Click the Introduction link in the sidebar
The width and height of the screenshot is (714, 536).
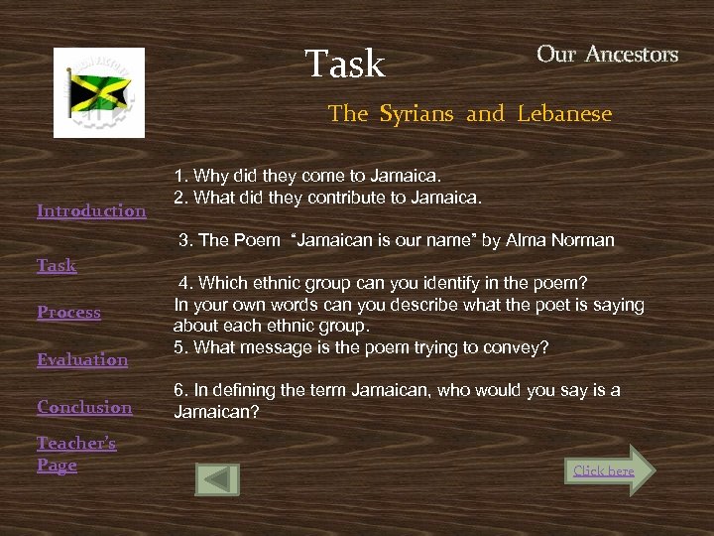[x=91, y=210]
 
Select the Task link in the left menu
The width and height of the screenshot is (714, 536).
[x=57, y=265]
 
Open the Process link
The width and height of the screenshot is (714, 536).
[x=68, y=312]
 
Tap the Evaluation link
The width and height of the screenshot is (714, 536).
[x=82, y=359]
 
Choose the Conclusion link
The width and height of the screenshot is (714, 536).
[x=84, y=407]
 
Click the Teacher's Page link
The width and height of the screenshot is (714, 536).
[x=75, y=454]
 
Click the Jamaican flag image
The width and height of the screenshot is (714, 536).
[x=99, y=92]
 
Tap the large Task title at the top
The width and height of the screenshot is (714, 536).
[x=344, y=65]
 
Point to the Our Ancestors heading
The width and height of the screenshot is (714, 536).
[x=607, y=55]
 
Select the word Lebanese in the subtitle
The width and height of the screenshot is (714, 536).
[x=564, y=114]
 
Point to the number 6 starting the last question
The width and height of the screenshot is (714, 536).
[x=178, y=391]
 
